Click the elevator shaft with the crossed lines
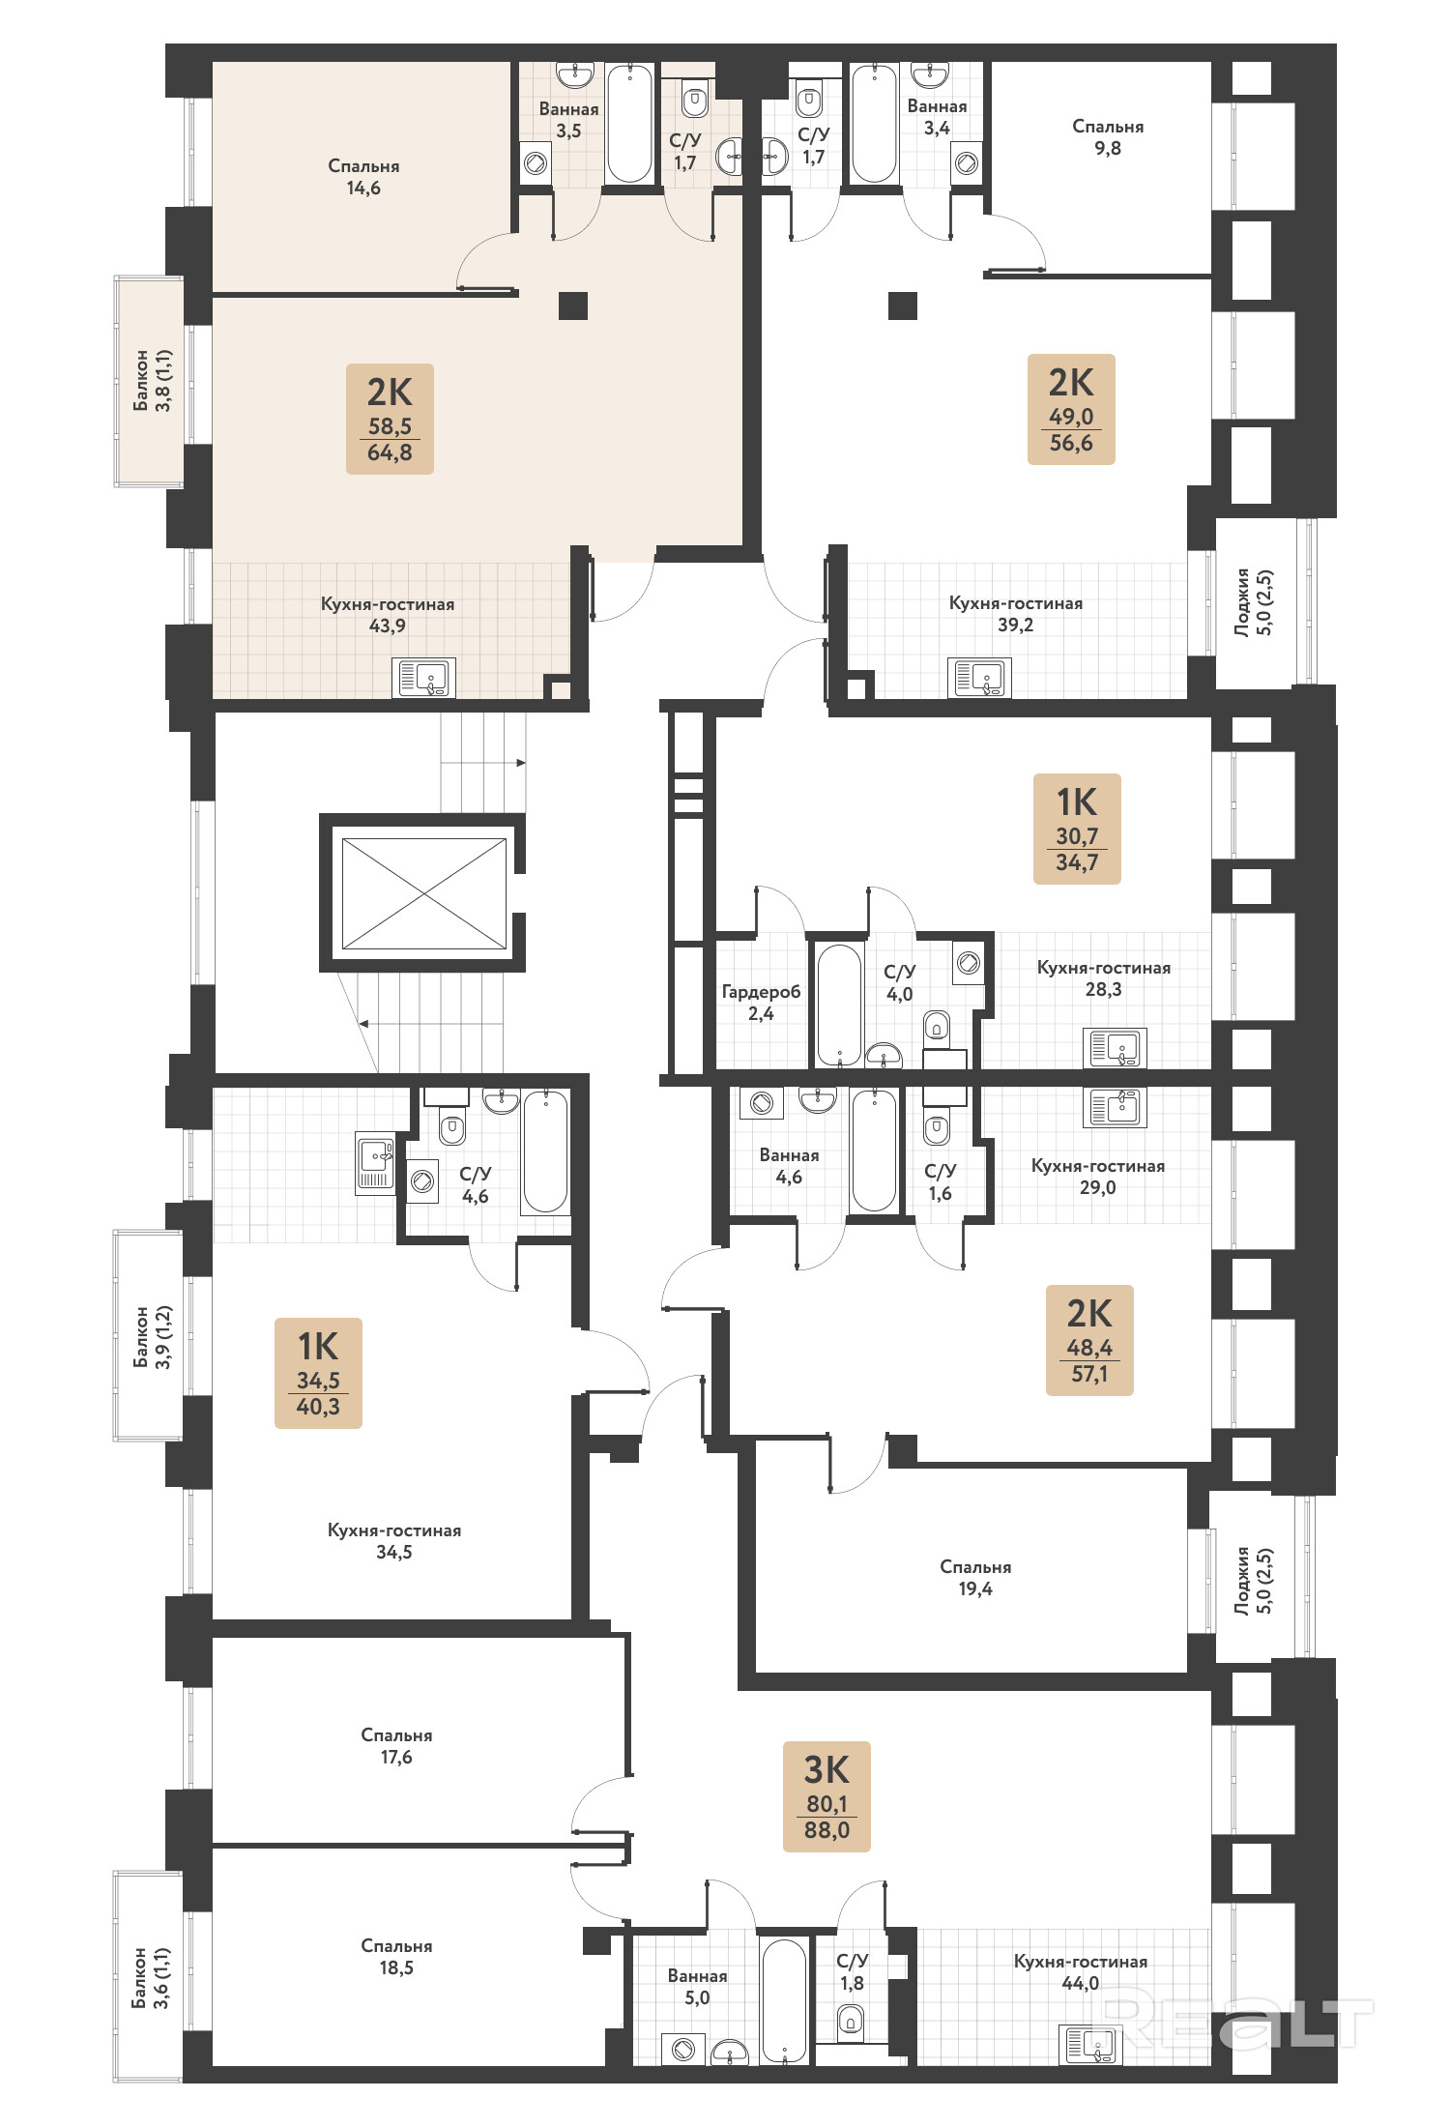point(423,893)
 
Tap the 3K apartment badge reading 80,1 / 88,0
point(826,1796)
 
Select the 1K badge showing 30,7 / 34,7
point(1077,829)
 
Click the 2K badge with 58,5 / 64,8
point(390,419)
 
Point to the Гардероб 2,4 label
point(761,1002)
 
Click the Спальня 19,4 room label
point(975,1577)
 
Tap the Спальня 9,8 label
point(1108,136)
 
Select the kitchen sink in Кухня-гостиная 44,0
point(1090,2044)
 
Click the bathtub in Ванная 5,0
point(783,2000)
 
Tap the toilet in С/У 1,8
point(851,2018)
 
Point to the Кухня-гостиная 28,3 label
point(1103,977)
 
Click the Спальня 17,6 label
point(396,1745)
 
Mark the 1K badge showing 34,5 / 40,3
point(318,1373)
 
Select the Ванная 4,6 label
point(789,1165)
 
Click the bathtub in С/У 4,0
point(839,1005)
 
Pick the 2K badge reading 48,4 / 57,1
point(1089,1340)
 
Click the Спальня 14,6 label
point(363,176)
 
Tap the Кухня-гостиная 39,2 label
point(1016,613)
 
